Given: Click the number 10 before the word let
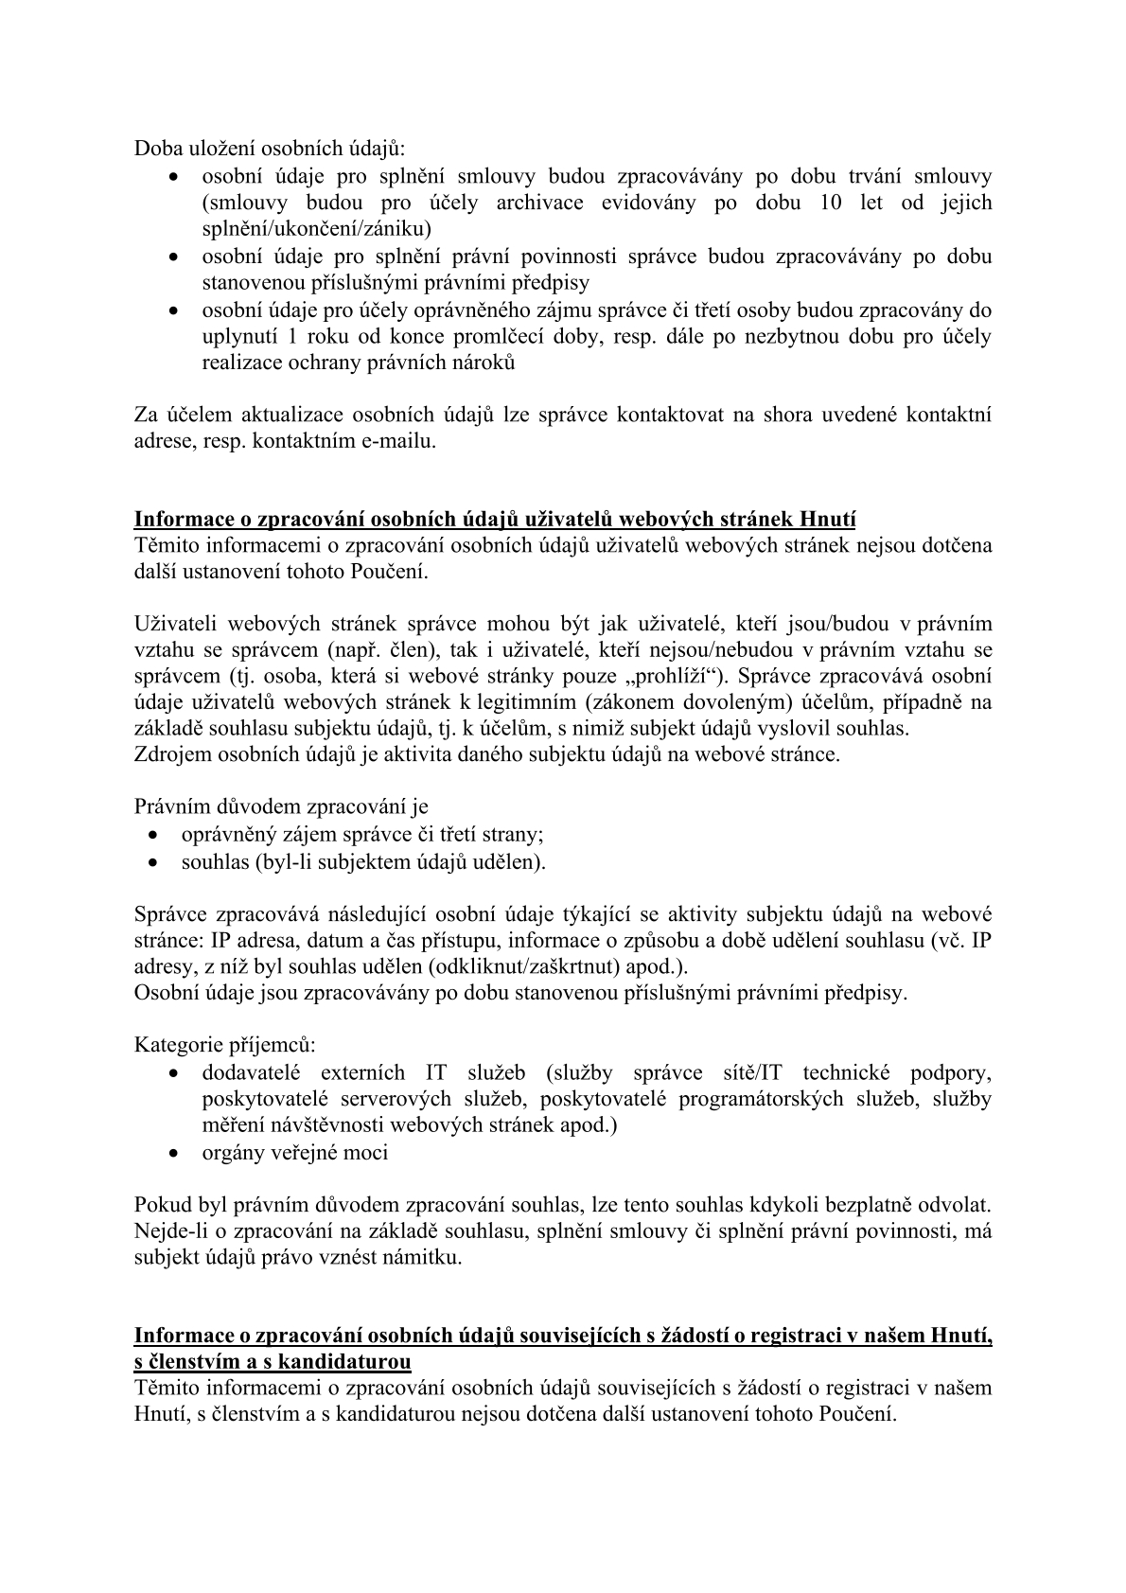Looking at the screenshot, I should point(832,203).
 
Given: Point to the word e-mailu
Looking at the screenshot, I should point(398,441).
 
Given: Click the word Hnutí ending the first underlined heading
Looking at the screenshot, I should point(828,519).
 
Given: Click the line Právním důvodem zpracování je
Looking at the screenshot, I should point(281,806).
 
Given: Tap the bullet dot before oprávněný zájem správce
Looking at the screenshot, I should point(154,836).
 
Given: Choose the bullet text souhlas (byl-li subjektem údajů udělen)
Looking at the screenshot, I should point(363,861).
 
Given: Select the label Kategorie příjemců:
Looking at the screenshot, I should point(225,1045).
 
